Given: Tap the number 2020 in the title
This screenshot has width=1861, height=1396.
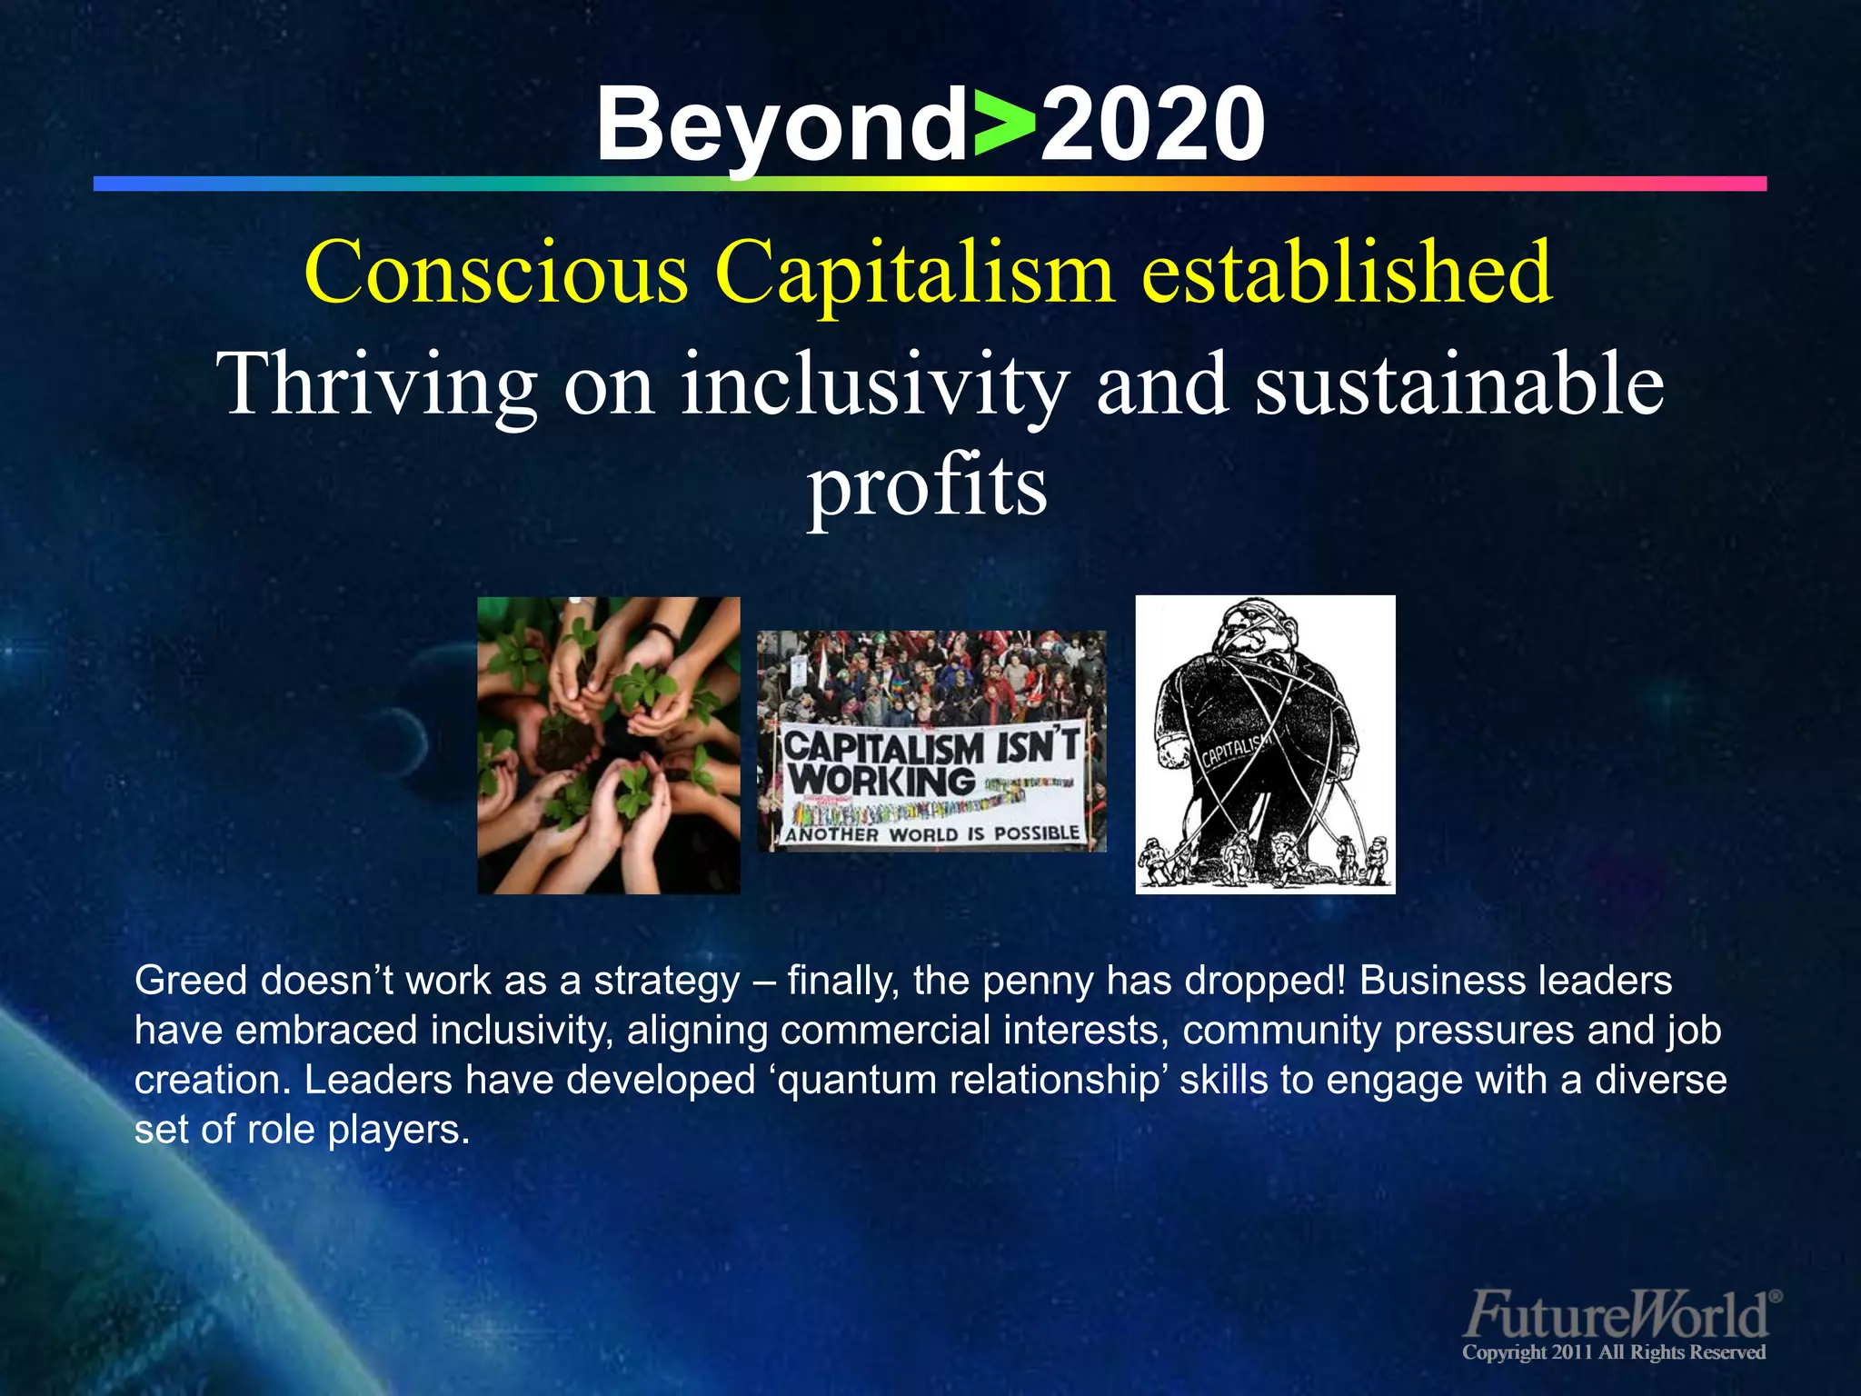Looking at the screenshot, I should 1151,125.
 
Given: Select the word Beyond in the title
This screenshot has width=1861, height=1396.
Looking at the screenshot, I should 782,125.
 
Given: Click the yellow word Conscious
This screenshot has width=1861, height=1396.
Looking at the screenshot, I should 496,273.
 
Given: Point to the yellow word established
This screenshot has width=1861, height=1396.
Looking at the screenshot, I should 1347,273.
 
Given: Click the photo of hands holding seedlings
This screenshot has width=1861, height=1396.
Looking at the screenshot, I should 609,745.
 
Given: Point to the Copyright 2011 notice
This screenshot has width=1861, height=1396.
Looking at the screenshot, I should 1613,1352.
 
